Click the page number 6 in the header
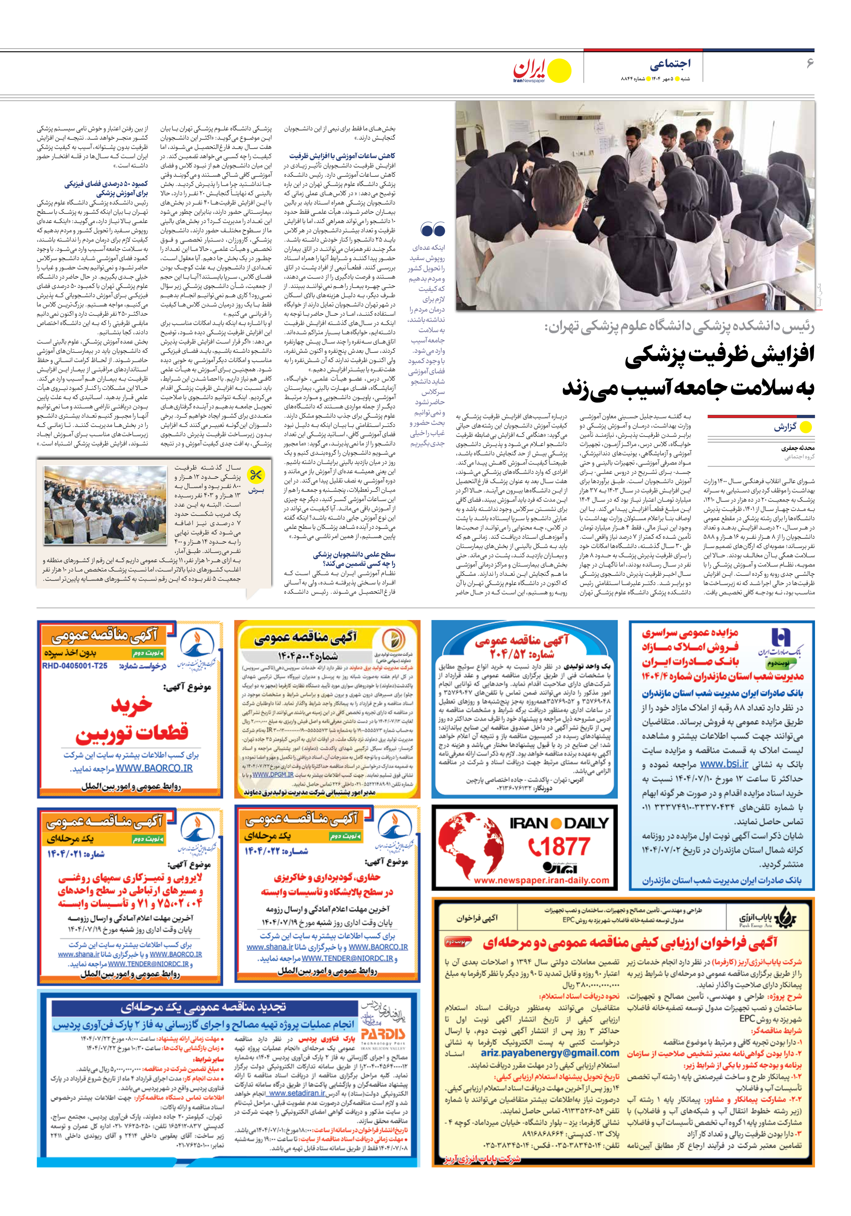pos(809,64)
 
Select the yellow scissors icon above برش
pos(256,475)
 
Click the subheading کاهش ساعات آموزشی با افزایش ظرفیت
pos(342,156)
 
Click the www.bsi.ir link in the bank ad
pos(724,764)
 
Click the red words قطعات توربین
pos(132,735)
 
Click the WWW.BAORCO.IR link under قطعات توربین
pos(154,768)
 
